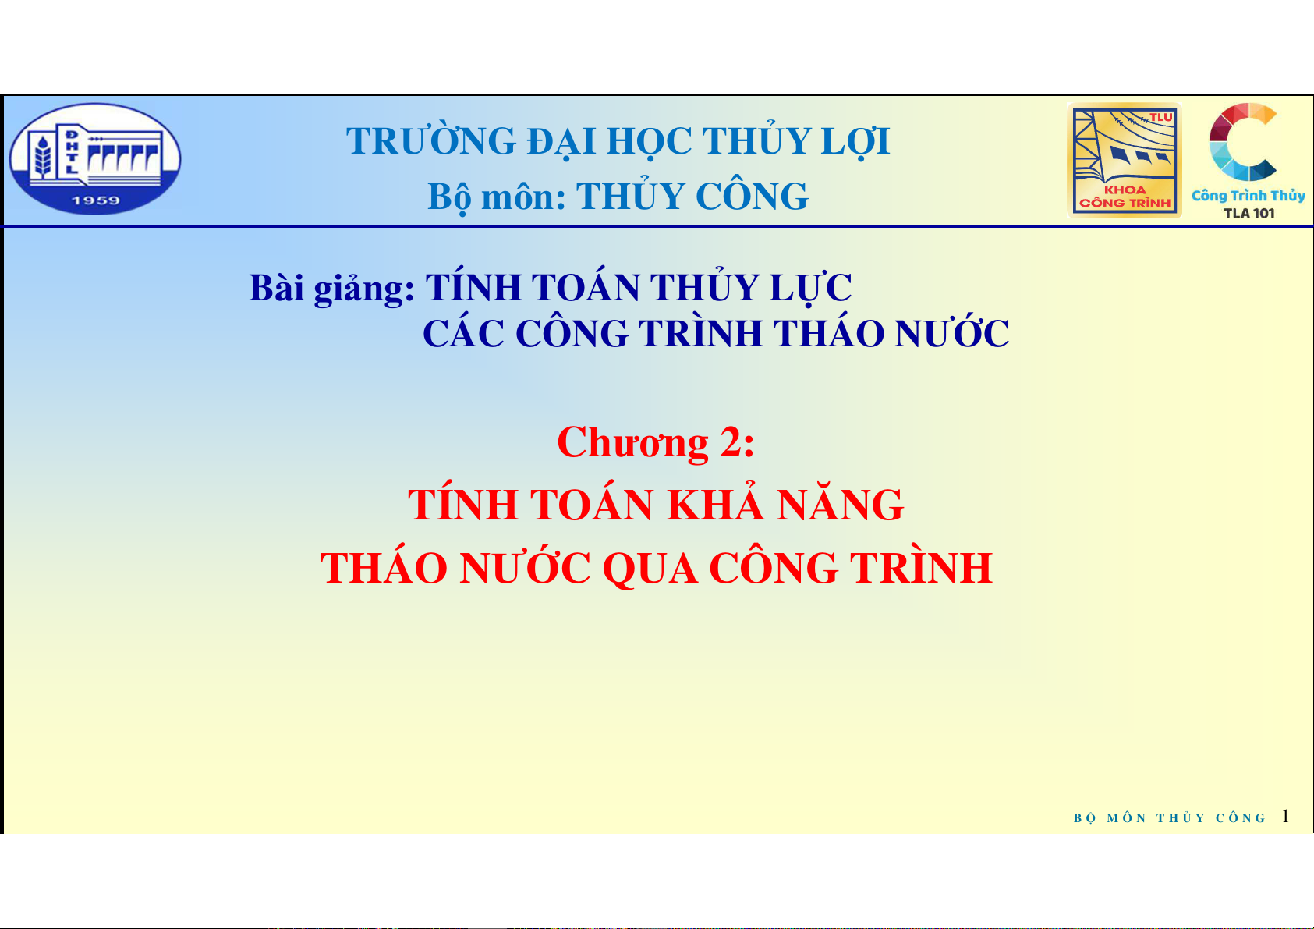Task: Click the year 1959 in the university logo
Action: tap(96, 200)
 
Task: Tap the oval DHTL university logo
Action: tap(96, 158)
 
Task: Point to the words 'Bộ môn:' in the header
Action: tap(496, 197)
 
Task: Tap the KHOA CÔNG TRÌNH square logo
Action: tap(1124, 160)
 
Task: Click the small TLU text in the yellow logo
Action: tap(1160, 117)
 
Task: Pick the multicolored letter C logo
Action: tap(1242, 141)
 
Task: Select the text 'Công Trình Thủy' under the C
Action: tap(1248, 196)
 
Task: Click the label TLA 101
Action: tap(1249, 213)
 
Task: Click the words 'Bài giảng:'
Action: tap(332, 289)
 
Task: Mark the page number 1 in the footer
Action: tap(1285, 816)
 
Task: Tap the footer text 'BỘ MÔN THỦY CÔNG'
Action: tap(1170, 817)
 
